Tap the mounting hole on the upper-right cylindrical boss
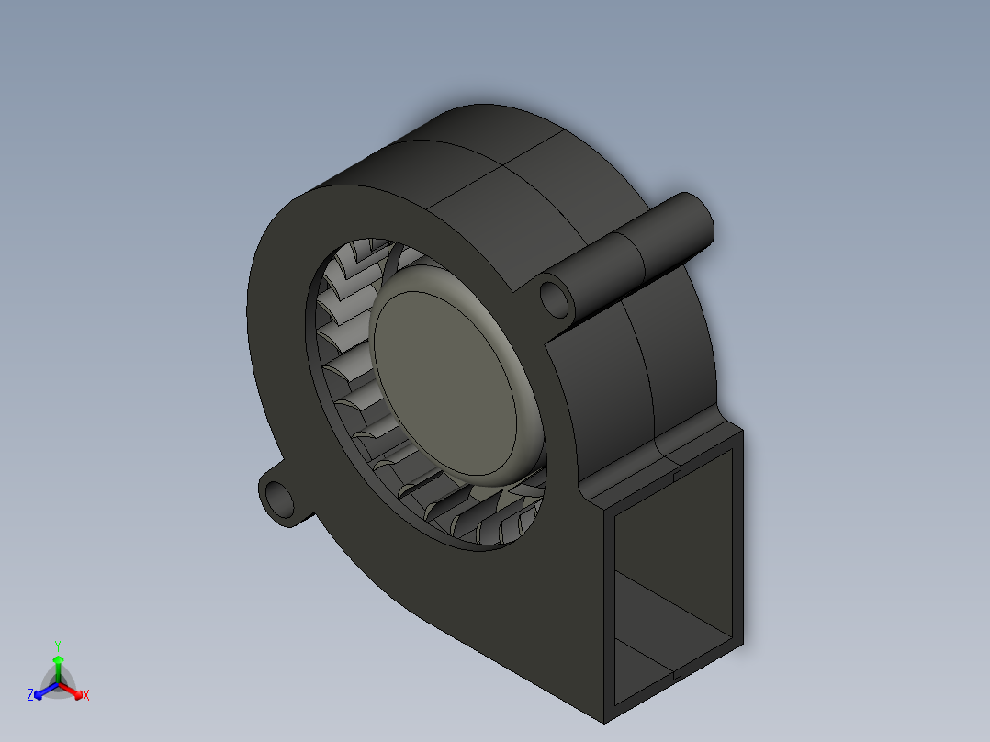[554, 297]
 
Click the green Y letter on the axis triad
[57, 646]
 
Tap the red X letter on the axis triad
[85, 695]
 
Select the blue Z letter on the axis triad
[30, 695]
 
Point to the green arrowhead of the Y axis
[57, 660]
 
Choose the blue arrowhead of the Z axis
[39, 691]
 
